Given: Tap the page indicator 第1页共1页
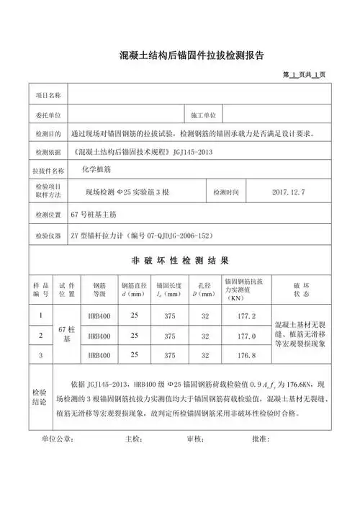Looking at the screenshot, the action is [305, 74].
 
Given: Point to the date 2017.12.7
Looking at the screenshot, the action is [289, 193].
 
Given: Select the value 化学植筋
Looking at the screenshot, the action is [98, 170].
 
